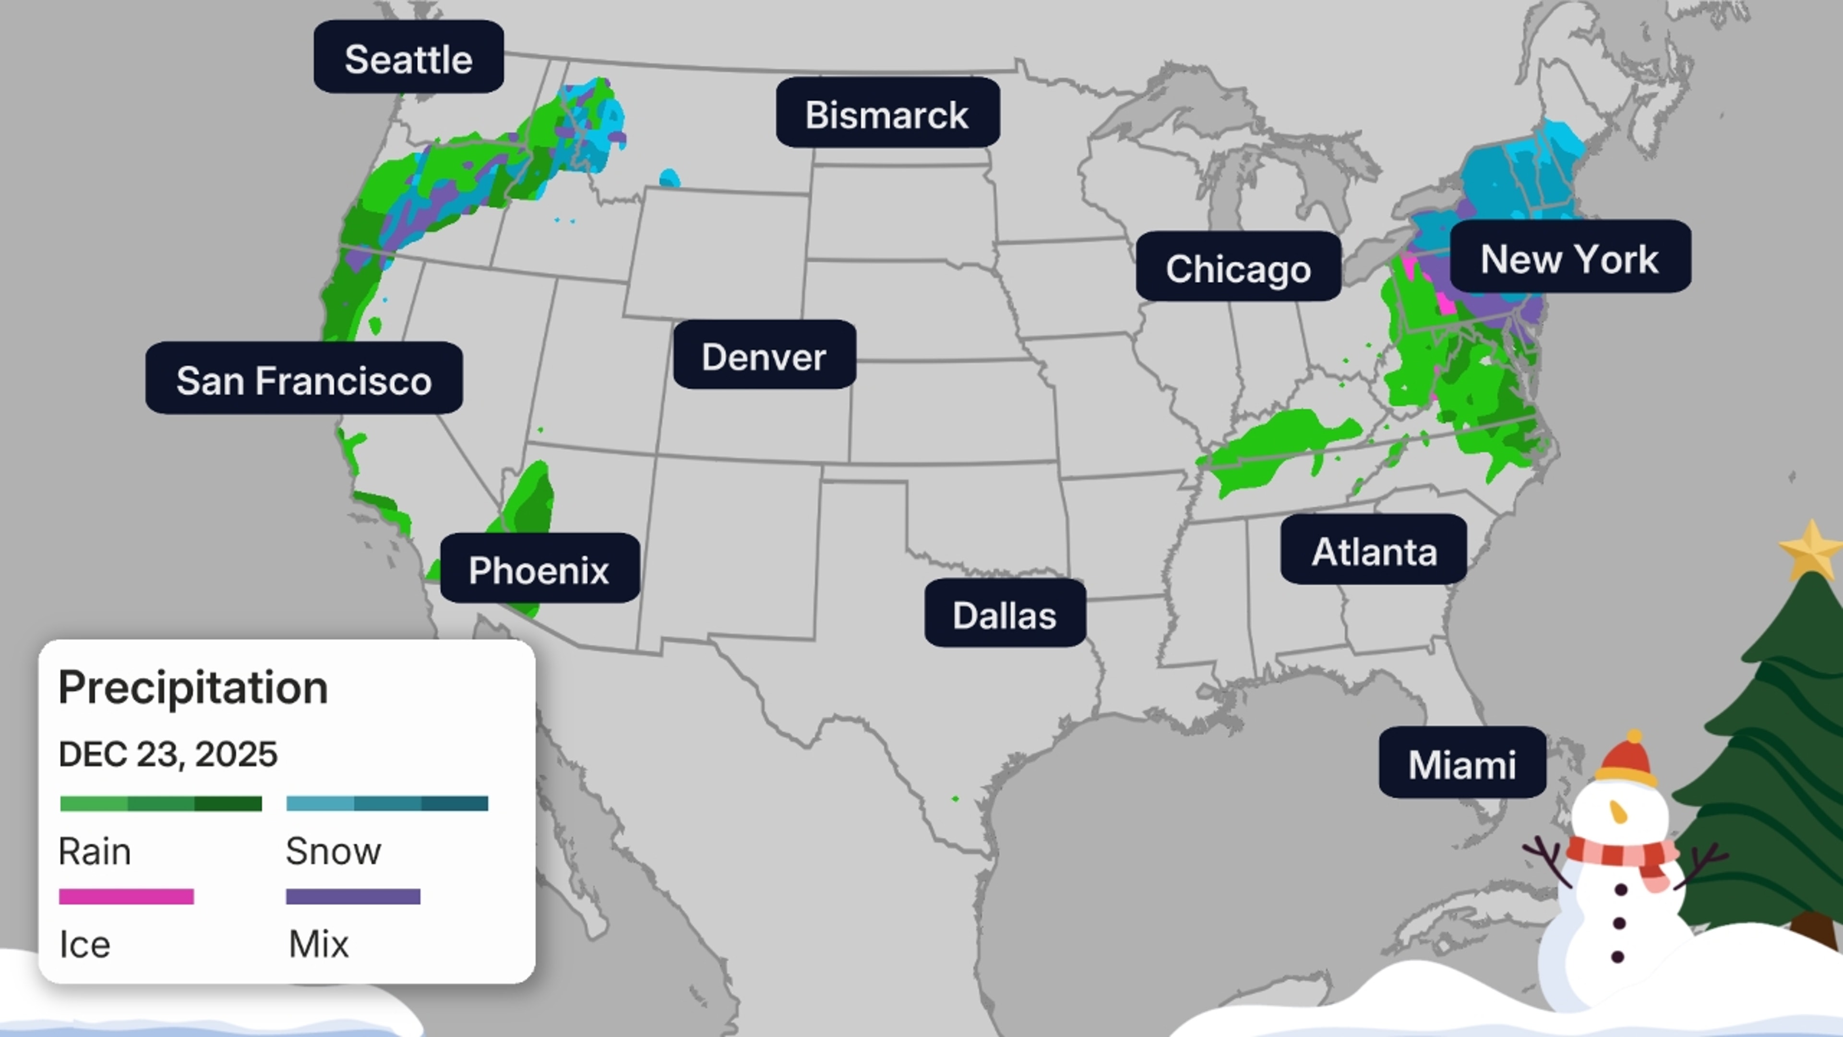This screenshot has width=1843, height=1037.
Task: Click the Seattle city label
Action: pyautogui.click(x=408, y=58)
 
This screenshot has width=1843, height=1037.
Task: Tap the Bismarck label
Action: pyautogui.click(x=887, y=114)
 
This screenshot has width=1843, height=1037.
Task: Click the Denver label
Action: pyautogui.click(x=764, y=356)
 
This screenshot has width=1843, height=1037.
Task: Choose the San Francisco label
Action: pyautogui.click(x=304, y=379)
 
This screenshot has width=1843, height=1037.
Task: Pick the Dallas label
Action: pyautogui.click(x=1005, y=614)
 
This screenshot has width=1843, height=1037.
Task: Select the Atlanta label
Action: pyautogui.click(x=1374, y=550)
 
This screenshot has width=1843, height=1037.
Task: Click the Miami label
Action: pyautogui.click(x=1461, y=763)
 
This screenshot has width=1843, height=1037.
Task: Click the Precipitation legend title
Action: pyautogui.click(x=193, y=687)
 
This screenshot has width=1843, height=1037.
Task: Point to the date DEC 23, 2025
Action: pyautogui.click(x=168, y=754)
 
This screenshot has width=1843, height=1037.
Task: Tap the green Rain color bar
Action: pyautogui.click(x=161, y=804)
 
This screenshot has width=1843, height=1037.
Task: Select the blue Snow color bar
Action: pyautogui.click(x=387, y=804)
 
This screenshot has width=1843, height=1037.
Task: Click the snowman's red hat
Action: pyautogui.click(x=1626, y=759)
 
